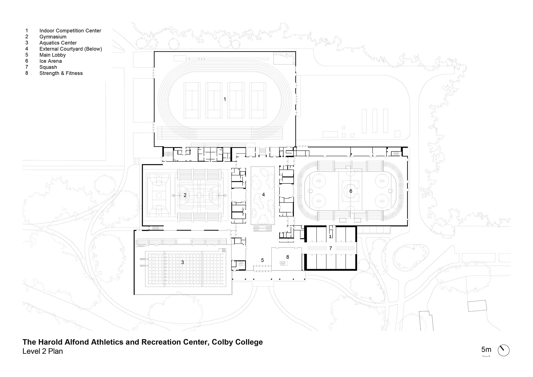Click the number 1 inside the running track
pos(225,99)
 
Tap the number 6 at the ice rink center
pos(351,191)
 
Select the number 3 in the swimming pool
pos(183,262)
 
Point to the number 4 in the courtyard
pos(263,195)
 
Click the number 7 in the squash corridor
pos(330,248)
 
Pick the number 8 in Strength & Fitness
pos(288,257)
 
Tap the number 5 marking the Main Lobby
pos(263,260)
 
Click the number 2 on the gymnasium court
pos(185,195)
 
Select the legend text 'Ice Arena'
pos(51,61)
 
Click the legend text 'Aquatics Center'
pos(58,43)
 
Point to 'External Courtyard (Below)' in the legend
pos(71,49)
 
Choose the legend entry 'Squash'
pos(48,67)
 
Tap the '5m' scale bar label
pos(486,350)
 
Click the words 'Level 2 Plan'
pos(43,351)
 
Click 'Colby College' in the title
pos(237,342)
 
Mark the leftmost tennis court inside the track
pos(192,100)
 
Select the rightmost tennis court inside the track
pos(258,100)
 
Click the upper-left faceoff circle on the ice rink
pos(319,181)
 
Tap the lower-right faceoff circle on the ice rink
pos(382,201)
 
